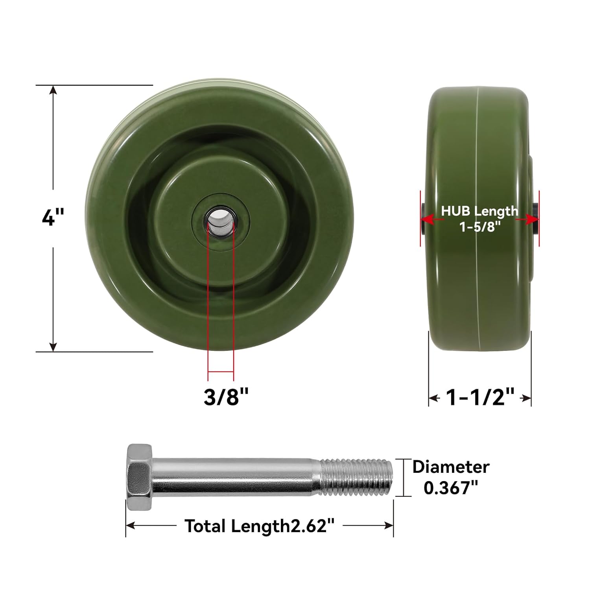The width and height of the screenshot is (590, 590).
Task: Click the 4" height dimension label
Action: click(53, 217)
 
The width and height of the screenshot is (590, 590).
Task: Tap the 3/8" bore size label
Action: click(226, 396)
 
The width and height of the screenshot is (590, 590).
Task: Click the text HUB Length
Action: click(479, 211)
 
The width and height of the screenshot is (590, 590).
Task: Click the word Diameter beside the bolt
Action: click(451, 467)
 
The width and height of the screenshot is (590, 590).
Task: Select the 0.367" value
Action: click(451, 488)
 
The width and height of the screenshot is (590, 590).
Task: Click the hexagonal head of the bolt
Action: click(139, 477)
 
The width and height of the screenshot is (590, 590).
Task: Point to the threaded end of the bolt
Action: click(356, 477)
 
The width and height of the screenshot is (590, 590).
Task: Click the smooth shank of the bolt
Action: click(236, 477)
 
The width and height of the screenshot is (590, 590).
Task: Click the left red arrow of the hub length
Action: click(428, 219)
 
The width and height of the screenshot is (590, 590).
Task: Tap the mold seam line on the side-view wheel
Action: click(479, 275)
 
